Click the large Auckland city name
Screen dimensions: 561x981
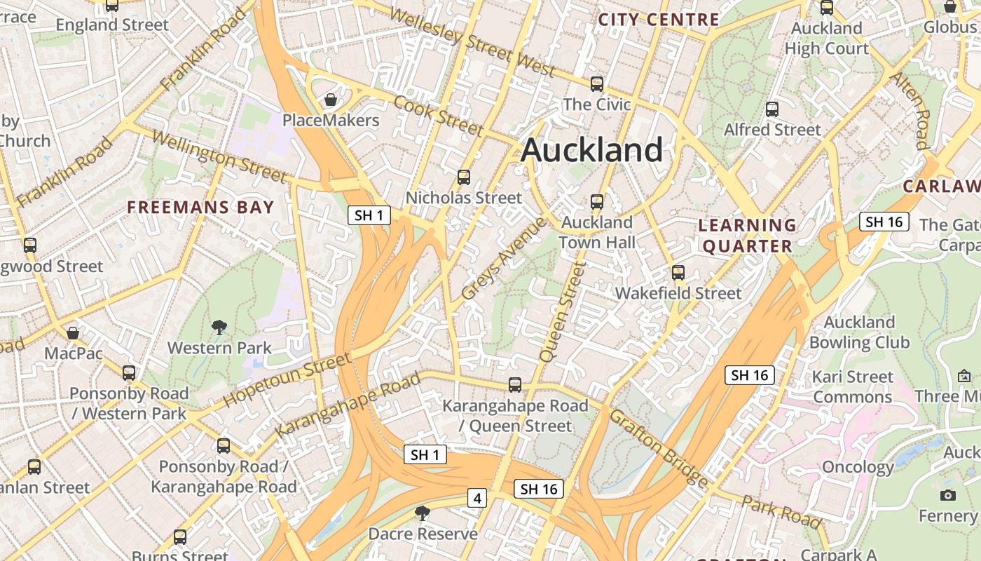[592, 150]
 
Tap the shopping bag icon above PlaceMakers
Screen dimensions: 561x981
[330, 100]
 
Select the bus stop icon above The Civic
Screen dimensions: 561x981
[596, 83]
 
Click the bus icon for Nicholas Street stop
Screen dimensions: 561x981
[463, 177]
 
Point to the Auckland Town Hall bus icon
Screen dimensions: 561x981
[596, 202]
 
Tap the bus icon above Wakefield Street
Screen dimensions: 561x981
[678, 272]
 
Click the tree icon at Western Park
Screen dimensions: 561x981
[219, 327]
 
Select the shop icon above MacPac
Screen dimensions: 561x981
[73, 332]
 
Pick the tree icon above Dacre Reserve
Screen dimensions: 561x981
[422, 513]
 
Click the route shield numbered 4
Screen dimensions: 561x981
[477, 498]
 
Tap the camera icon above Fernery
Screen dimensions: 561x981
[948, 495]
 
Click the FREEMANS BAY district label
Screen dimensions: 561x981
[200, 207]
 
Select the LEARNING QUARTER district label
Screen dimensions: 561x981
[748, 236]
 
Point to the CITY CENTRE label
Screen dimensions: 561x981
[659, 20]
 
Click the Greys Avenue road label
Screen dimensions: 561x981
[503, 258]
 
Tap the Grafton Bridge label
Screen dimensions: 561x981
[659, 449]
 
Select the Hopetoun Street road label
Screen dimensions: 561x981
[287, 381]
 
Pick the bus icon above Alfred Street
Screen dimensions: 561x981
[771, 109]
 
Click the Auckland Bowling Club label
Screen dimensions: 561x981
[859, 332]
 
